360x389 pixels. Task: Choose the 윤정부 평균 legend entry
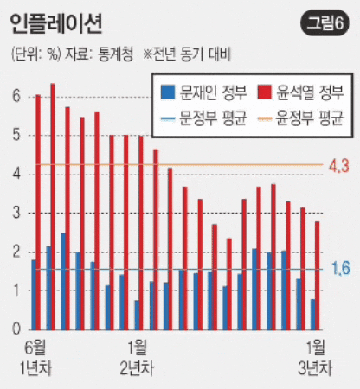pyautogui.click(x=300, y=113)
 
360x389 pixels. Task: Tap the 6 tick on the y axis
pyautogui.click(x=16, y=97)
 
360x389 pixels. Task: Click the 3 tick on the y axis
pyautogui.click(x=16, y=214)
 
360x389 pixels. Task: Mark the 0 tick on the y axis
pyautogui.click(x=16, y=329)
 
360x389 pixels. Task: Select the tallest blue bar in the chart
pyautogui.click(x=63, y=281)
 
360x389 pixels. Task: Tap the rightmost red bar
pyautogui.click(x=317, y=275)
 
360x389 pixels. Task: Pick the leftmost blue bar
pyautogui.click(x=34, y=294)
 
